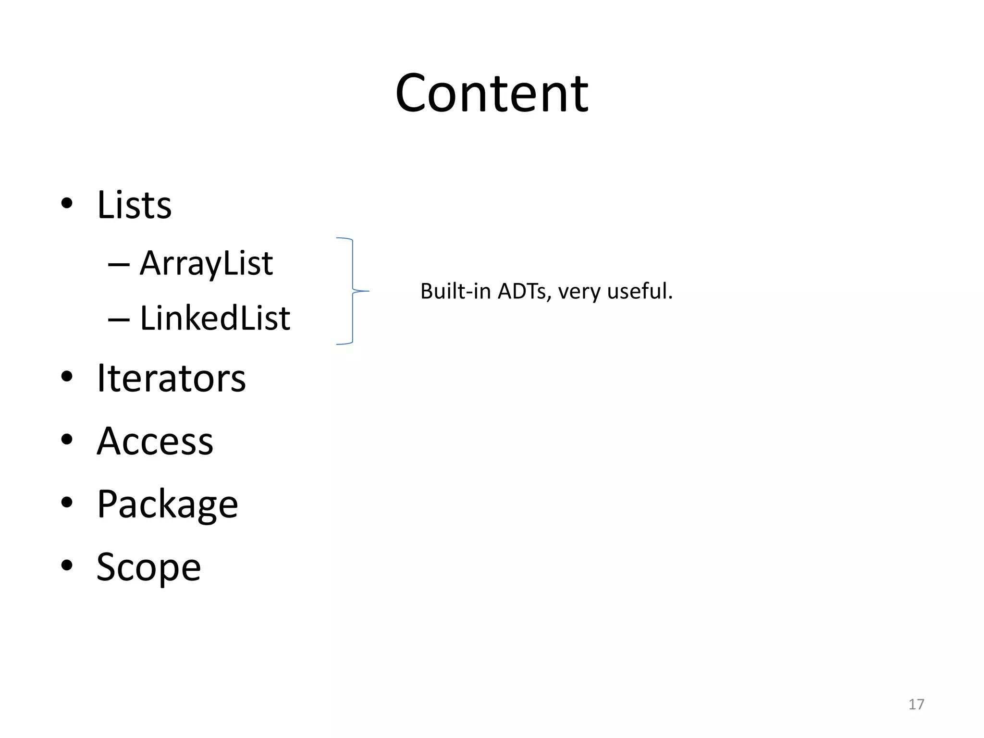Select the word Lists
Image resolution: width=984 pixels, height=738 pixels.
tap(134, 205)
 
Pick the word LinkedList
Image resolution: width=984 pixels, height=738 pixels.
tap(215, 318)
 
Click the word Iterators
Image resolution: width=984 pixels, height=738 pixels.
tap(171, 378)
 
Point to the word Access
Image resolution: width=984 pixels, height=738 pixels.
tap(155, 441)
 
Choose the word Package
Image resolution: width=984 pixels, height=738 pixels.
tap(167, 504)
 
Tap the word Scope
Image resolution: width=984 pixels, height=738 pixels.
tap(148, 567)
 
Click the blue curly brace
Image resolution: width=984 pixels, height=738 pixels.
tap(353, 291)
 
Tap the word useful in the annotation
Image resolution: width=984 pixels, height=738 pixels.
tap(637, 291)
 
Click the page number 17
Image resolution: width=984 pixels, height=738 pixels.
tap(916, 704)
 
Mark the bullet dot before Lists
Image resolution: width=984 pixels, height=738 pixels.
tap(67, 203)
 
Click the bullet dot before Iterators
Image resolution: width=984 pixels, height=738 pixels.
tap(67, 377)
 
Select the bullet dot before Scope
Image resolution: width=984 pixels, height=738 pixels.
tap(67, 565)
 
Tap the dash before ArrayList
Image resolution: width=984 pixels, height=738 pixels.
tap(119, 265)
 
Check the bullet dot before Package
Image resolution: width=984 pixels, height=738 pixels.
tap(67, 502)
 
